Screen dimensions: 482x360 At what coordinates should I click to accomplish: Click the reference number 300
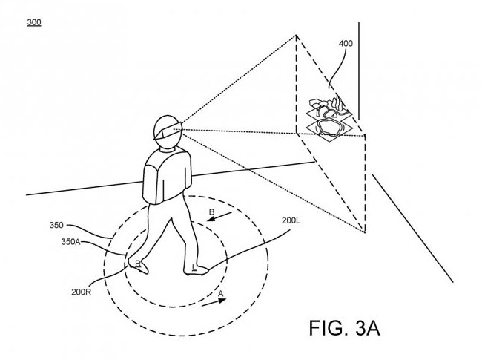pyautogui.click(x=34, y=22)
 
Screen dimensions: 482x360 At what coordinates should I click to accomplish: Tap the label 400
pyautogui.click(x=346, y=44)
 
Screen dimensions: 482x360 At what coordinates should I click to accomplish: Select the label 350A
pyautogui.click(x=70, y=242)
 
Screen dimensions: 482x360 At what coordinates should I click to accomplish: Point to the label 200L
pyautogui.click(x=291, y=220)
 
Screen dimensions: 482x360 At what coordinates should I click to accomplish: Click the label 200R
pyautogui.click(x=81, y=292)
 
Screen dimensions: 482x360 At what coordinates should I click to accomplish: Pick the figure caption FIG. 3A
pyautogui.click(x=344, y=328)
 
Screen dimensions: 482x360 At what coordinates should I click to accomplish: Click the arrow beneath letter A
pyautogui.click(x=214, y=302)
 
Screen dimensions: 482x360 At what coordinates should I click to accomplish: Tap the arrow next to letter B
pyautogui.click(x=219, y=216)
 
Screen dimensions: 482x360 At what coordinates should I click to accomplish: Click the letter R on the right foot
pyautogui.click(x=138, y=264)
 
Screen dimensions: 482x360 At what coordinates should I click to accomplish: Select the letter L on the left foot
pyautogui.click(x=194, y=267)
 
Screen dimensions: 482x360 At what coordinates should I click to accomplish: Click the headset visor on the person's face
pyautogui.click(x=168, y=131)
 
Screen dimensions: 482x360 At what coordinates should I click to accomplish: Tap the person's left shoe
pyautogui.click(x=196, y=270)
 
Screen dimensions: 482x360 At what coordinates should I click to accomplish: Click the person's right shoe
pyautogui.click(x=139, y=266)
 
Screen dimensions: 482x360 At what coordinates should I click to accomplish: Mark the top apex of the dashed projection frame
pyautogui.click(x=297, y=36)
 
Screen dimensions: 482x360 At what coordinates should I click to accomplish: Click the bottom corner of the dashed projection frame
pyautogui.click(x=365, y=232)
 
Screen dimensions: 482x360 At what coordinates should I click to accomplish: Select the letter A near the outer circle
pyautogui.click(x=221, y=294)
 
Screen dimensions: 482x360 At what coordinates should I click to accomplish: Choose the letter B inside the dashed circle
pyautogui.click(x=211, y=212)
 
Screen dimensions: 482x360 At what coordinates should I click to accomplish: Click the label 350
pyautogui.click(x=56, y=225)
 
